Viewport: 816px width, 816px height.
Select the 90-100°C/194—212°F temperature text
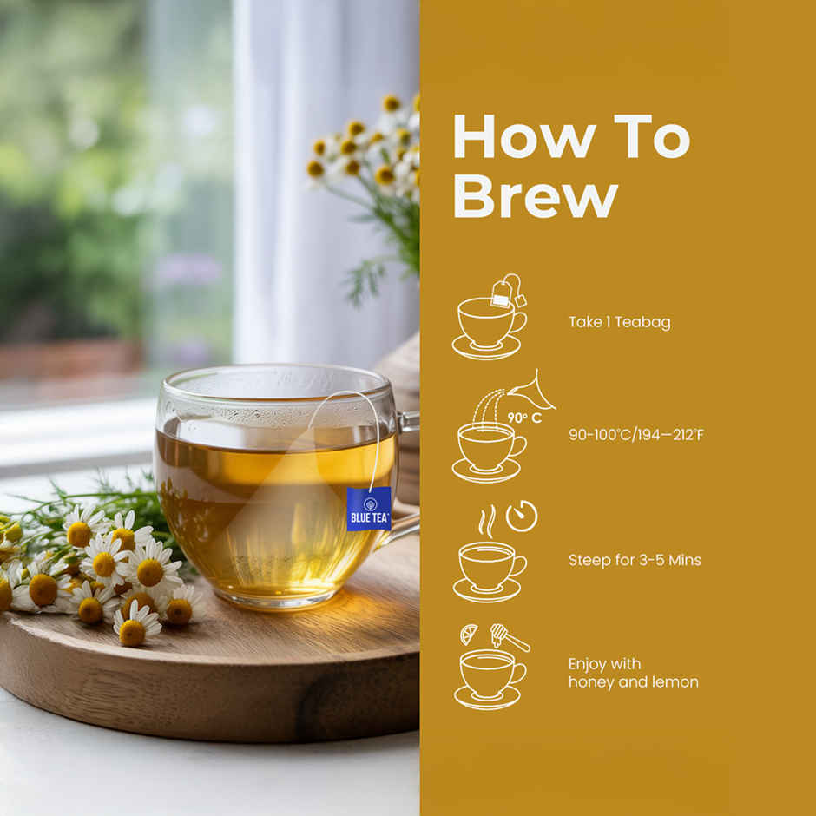pos(635,434)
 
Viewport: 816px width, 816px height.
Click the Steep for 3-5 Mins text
pos(635,560)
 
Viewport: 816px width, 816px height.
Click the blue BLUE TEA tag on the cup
pos(369,509)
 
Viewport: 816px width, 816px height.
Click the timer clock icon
pos(522,517)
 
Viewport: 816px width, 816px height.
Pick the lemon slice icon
pos(469,635)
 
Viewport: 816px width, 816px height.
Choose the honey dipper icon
pos(507,637)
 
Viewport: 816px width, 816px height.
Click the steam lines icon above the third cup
pos(486,521)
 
